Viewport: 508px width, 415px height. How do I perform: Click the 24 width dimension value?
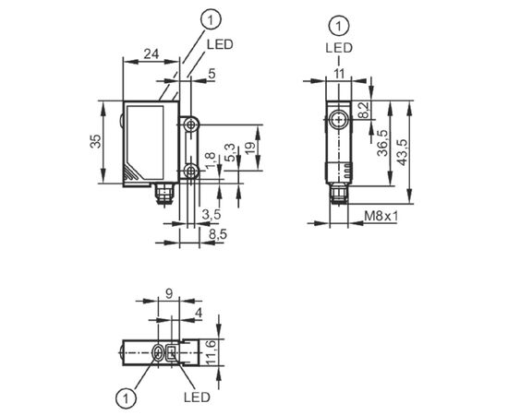(x=151, y=53)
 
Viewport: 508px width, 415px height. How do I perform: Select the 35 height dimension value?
(x=96, y=141)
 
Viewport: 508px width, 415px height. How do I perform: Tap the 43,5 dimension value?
(x=403, y=153)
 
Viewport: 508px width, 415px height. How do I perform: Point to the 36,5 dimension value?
(x=382, y=143)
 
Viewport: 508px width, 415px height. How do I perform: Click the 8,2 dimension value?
(x=364, y=111)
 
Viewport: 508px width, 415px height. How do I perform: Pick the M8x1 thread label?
(x=381, y=216)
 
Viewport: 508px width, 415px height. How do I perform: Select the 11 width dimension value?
(x=339, y=74)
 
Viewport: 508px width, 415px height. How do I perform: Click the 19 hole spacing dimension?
(x=249, y=148)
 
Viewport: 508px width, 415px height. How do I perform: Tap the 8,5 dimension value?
(x=218, y=234)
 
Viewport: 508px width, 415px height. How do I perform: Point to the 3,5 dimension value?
(x=211, y=214)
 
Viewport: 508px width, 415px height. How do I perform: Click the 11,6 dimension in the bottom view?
(x=211, y=352)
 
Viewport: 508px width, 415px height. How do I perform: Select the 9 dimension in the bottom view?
(x=169, y=293)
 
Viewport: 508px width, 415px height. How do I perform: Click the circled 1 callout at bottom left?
(x=126, y=397)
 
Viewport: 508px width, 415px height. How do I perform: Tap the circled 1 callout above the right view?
(x=339, y=26)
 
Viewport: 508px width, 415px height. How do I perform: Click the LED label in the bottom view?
(x=198, y=397)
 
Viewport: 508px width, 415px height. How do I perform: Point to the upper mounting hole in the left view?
(x=191, y=125)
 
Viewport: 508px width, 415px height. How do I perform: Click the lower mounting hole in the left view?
(x=191, y=171)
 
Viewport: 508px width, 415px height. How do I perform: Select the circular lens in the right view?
(x=339, y=120)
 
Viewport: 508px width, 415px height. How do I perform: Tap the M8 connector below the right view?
(x=339, y=195)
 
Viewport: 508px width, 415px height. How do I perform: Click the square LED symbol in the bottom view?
(x=172, y=352)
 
